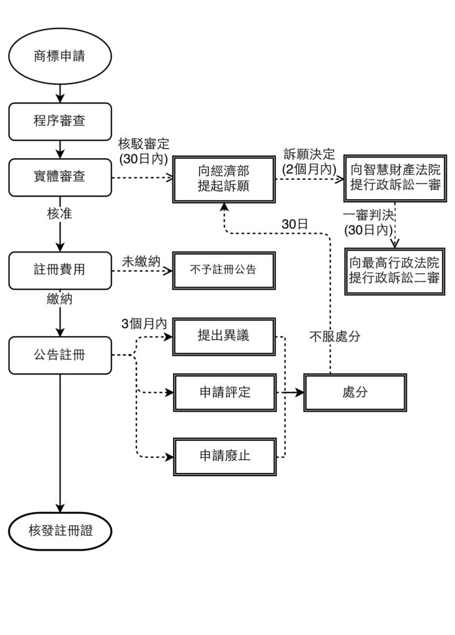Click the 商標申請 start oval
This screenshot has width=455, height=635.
[x=60, y=57]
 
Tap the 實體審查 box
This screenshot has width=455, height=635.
[x=60, y=177]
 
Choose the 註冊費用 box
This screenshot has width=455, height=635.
[x=60, y=270]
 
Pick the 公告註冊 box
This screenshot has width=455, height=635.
[x=60, y=355]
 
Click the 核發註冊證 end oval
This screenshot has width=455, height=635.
[x=60, y=531]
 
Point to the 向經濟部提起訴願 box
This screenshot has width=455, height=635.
[x=224, y=178]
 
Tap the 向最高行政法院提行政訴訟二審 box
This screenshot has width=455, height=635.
[x=395, y=270]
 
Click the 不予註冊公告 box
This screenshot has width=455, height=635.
[x=224, y=270]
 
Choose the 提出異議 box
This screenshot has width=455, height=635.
[x=224, y=335]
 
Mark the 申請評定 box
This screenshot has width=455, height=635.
[x=224, y=393]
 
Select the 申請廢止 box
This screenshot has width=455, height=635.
[x=224, y=456]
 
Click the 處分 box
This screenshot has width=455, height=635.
[x=355, y=393]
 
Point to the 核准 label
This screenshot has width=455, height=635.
[x=60, y=214]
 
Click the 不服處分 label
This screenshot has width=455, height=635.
[x=335, y=337]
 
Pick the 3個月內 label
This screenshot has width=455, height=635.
[x=144, y=323]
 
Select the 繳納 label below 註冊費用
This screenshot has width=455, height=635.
[x=60, y=299]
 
